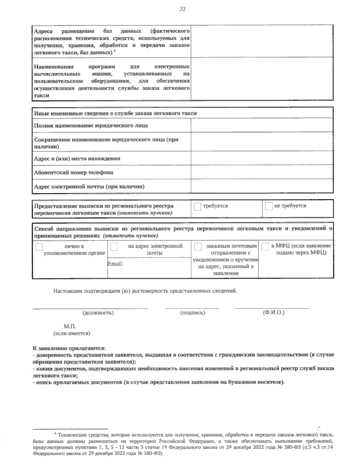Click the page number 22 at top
(182, 9)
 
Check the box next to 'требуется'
(197, 207)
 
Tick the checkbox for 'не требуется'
(269, 207)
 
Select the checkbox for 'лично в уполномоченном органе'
(39, 247)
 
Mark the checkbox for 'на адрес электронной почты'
(114, 247)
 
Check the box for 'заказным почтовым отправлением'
(198, 247)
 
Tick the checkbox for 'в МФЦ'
(265, 247)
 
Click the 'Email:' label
(115, 264)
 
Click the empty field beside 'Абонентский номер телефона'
(262, 172)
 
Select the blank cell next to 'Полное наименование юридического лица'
(262, 126)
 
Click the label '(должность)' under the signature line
(98, 313)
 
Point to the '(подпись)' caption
(193, 313)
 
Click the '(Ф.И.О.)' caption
(273, 313)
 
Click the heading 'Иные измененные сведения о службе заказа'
(115, 113)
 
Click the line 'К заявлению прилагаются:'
(69, 349)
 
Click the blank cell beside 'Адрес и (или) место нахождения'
(262, 158)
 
